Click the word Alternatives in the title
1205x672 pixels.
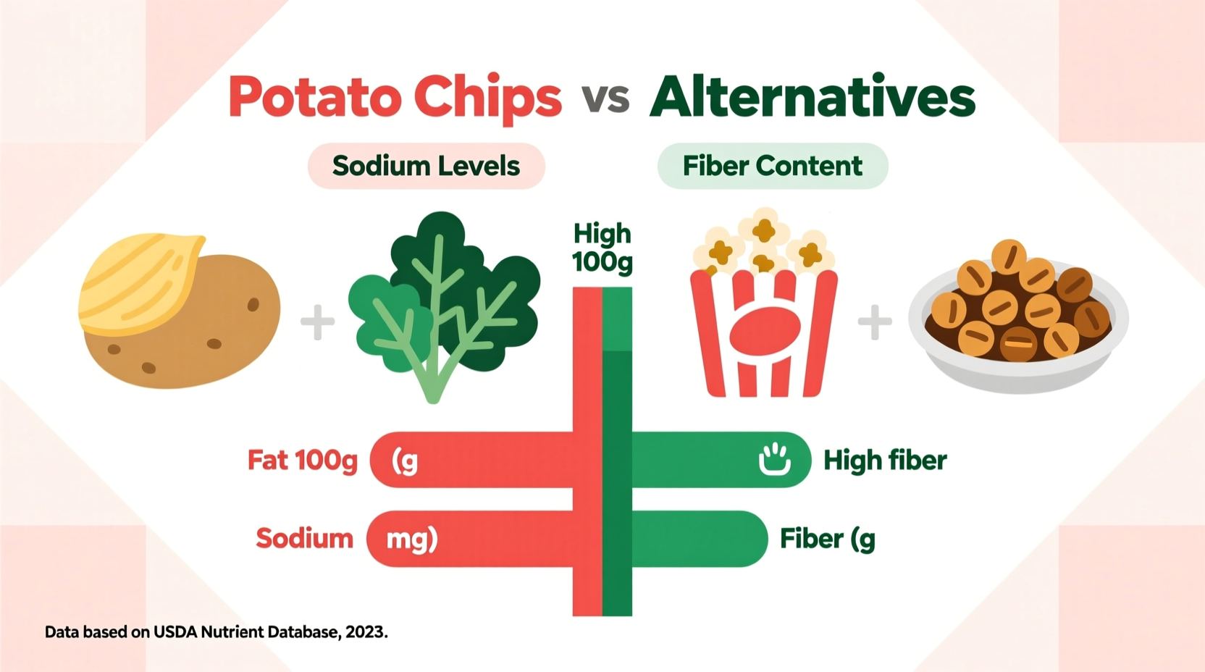[813, 97]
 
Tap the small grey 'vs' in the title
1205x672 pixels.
[605, 98]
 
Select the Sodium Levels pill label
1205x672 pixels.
[426, 166]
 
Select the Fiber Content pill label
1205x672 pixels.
[772, 166]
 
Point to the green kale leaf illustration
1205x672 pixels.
[443, 304]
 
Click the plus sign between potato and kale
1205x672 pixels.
[317, 322]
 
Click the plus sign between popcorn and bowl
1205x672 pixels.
[875, 322]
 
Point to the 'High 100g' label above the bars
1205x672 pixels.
[602, 248]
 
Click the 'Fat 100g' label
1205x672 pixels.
[303, 460]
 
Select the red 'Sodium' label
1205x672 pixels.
[304, 538]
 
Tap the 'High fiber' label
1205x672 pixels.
[885, 460]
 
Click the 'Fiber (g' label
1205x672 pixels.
[827, 539]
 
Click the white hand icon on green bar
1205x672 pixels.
[774, 459]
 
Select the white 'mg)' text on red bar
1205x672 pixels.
[411, 539]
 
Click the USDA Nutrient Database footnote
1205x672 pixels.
[216, 631]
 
